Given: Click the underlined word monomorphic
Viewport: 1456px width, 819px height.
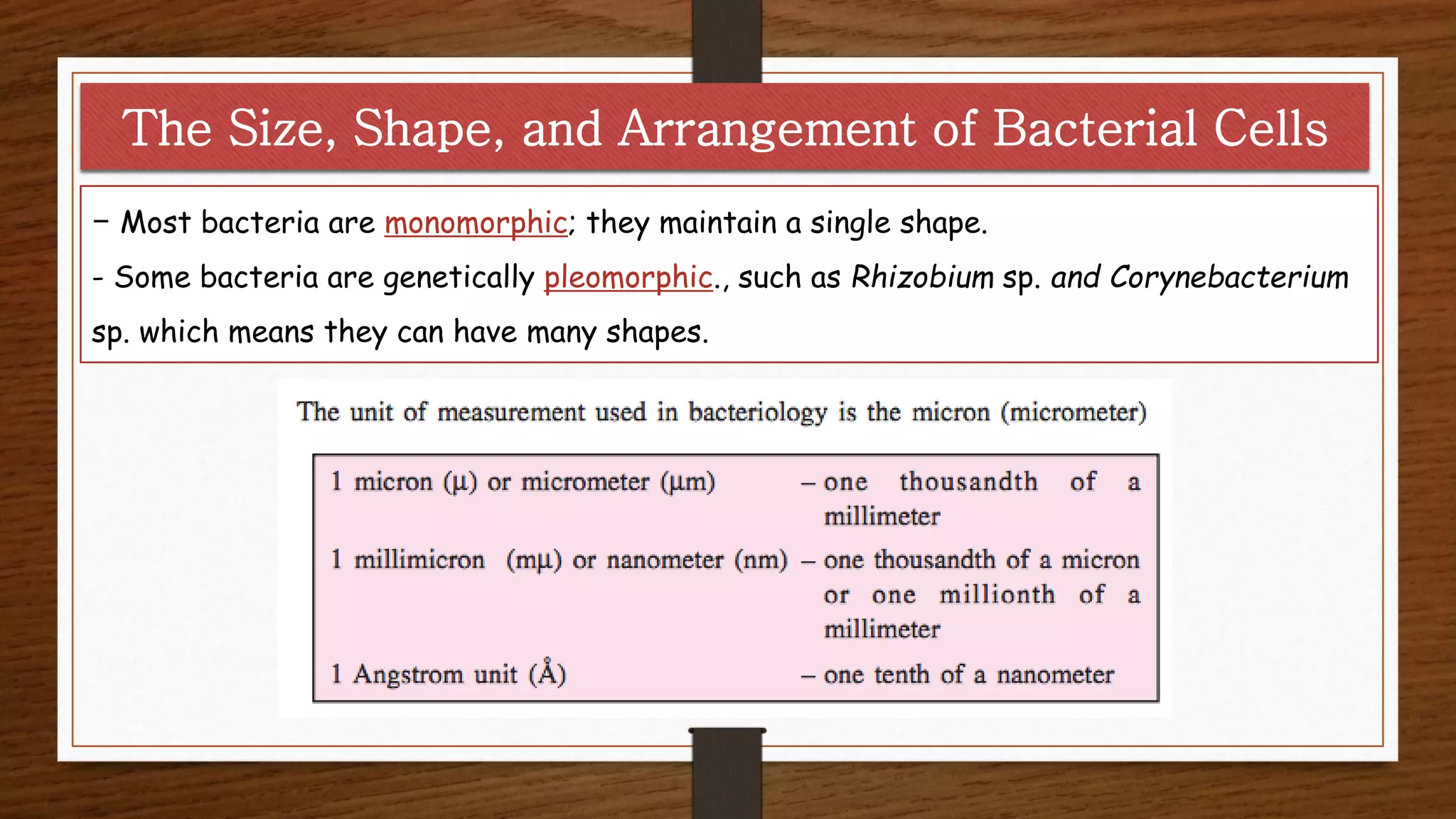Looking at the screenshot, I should [x=476, y=223].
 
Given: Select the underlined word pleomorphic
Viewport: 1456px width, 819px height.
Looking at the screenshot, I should [x=628, y=278].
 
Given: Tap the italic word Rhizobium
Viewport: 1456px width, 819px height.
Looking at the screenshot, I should [x=922, y=277].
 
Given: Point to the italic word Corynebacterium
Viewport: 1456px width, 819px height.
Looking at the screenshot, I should [x=1228, y=277].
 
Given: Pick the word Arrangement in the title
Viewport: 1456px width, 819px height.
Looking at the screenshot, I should [x=766, y=129].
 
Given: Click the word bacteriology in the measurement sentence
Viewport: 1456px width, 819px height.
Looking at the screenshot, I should [x=757, y=412].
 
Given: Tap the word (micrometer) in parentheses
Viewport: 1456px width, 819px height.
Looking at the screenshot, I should [x=1074, y=412].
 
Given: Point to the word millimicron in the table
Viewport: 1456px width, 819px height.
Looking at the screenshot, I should [x=419, y=560].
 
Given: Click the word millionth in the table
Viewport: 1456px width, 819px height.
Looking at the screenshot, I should [x=997, y=594].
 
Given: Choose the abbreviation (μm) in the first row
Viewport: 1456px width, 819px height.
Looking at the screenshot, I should [x=687, y=482].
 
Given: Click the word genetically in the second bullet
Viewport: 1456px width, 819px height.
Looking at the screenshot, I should [x=459, y=278].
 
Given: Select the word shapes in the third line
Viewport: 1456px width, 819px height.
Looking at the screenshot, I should [x=656, y=333].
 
